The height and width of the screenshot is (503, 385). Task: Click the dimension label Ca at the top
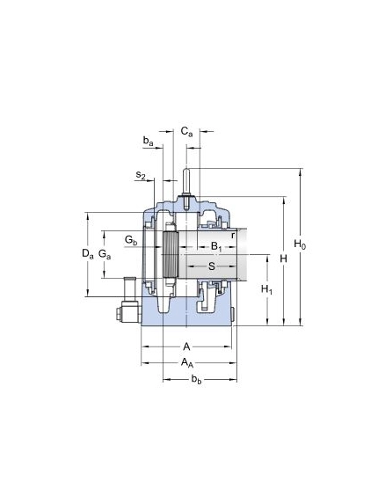tap(187, 132)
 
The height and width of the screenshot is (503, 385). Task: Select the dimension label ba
tap(148, 141)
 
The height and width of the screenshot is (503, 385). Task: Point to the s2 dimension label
tap(141, 175)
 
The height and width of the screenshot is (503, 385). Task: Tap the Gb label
tap(131, 240)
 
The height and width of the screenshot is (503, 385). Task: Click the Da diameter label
tap(88, 254)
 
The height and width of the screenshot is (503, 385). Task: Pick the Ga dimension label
tap(105, 254)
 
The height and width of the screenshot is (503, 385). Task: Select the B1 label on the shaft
tap(216, 247)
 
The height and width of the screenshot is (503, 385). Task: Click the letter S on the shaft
tap(212, 266)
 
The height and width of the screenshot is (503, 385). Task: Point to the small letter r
tap(233, 236)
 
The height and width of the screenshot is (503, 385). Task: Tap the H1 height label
tap(266, 289)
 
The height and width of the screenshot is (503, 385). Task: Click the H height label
tap(283, 259)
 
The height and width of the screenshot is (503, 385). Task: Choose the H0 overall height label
tap(300, 244)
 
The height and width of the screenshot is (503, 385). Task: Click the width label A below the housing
tap(186, 346)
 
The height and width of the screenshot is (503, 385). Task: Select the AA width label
tap(187, 362)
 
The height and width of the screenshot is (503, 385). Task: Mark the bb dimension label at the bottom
tap(197, 380)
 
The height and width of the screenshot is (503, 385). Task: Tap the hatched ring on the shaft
tap(170, 255)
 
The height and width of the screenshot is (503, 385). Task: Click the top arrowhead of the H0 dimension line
tap(301, 172)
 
